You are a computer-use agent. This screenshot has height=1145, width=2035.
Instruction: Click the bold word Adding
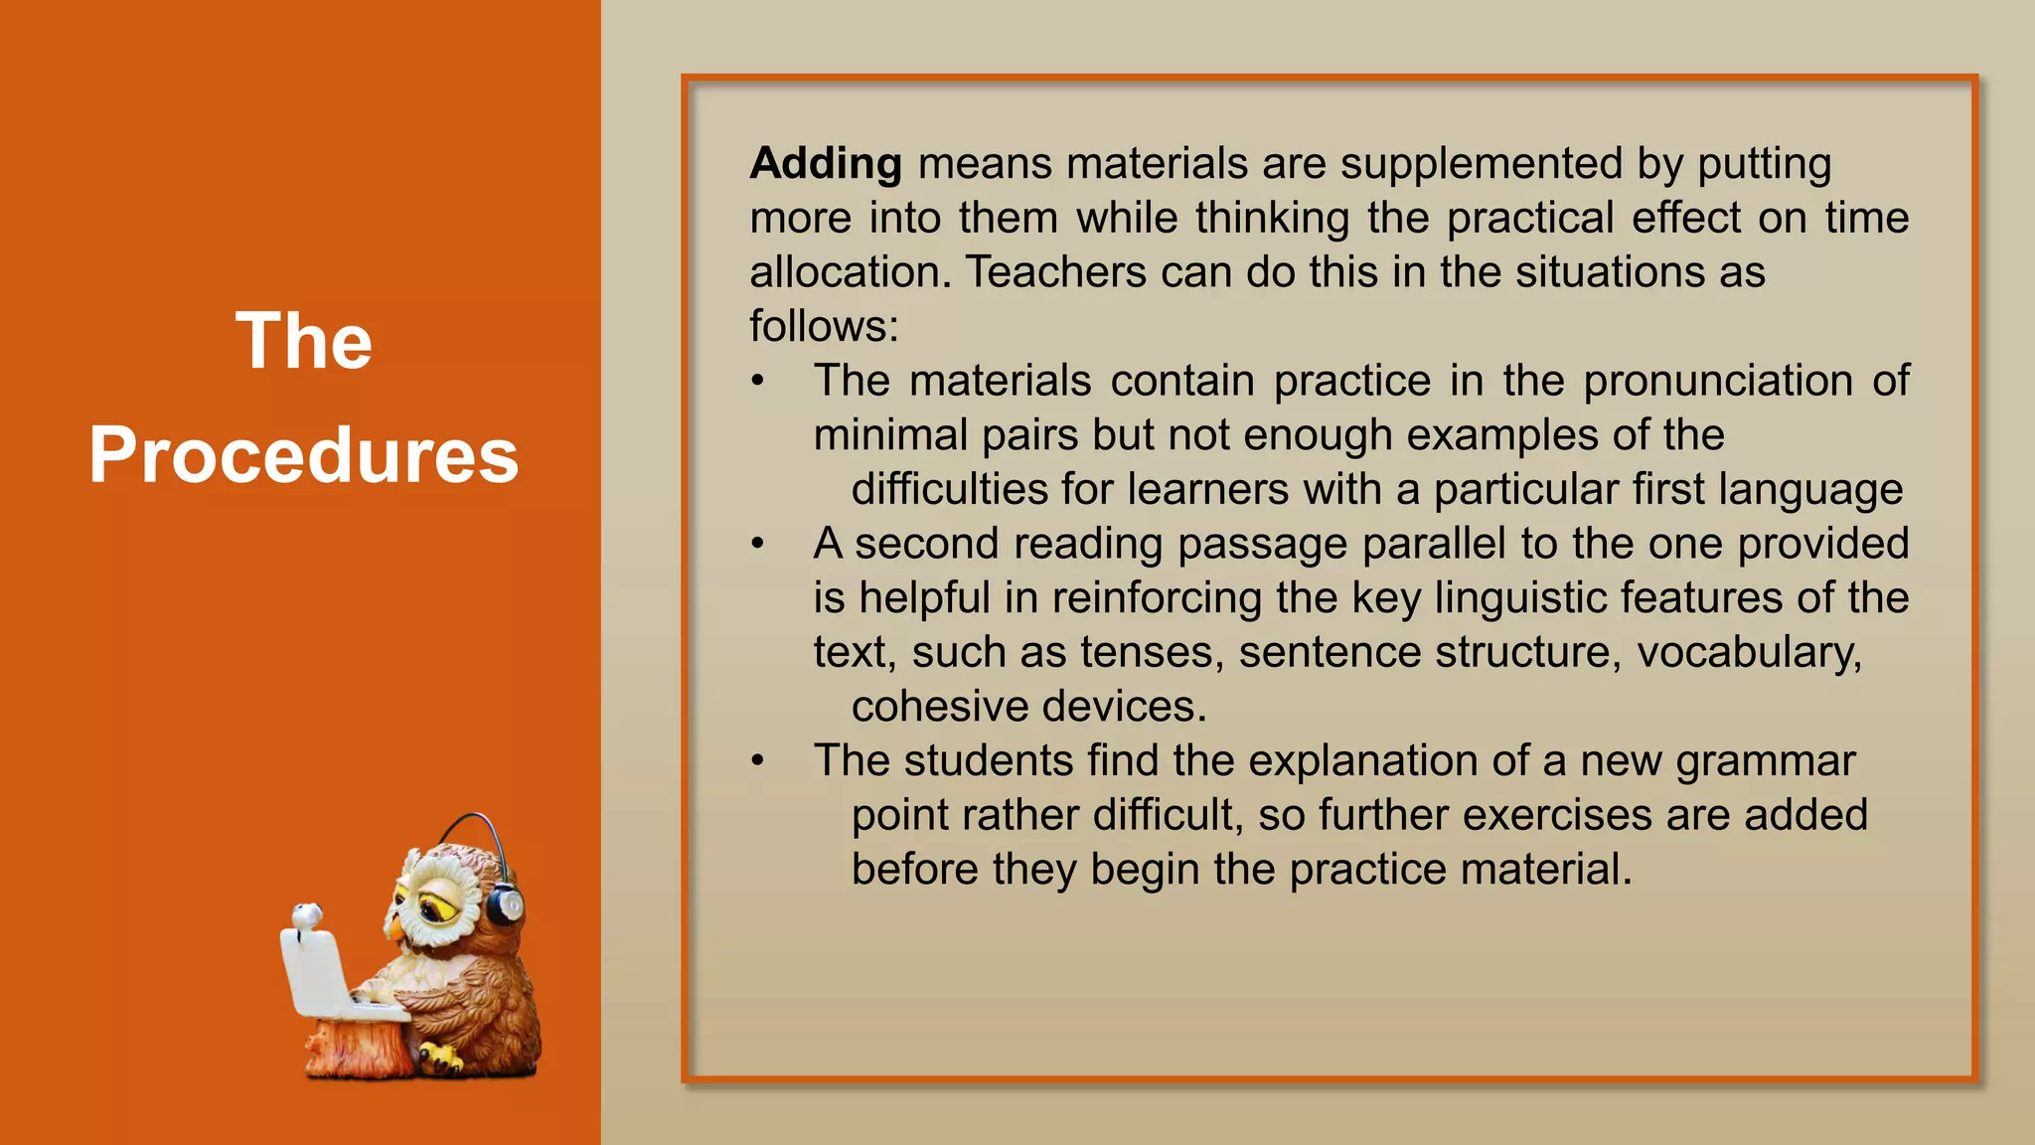click(826, 164)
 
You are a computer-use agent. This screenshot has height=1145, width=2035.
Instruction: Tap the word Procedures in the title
click(303, 455)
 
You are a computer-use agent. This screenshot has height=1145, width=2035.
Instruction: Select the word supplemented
click(1481, 164)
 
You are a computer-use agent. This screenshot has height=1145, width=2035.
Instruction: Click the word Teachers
click(1055, 272)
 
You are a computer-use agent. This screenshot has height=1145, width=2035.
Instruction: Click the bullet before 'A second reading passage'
click(758, 544)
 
